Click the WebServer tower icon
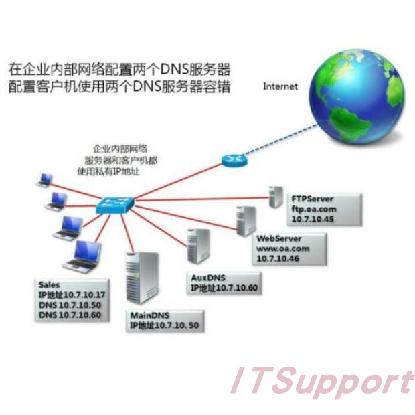[x=244, y=220]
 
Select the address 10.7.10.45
[x=311, y=218]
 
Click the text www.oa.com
[x=283, y=248]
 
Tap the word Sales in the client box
[x=50, y=285]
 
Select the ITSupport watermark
[x=321, y=382]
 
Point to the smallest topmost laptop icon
[x=45, y=179]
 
